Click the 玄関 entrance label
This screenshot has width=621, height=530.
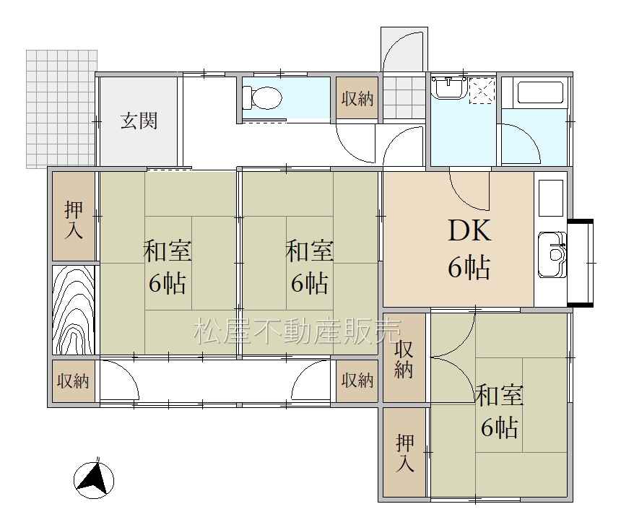click(139, 121)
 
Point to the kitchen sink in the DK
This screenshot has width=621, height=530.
click(552, 255)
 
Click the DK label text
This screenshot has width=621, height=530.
click(469, 230)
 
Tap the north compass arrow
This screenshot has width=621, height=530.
click(95, 479)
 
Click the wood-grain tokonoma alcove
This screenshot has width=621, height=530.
click(74, 310)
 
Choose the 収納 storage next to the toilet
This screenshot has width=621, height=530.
click(357, 97)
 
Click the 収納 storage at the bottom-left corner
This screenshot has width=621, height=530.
click(73, 381)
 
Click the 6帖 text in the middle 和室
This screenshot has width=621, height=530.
click(310, 283)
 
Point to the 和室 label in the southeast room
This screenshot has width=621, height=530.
click(500, 395)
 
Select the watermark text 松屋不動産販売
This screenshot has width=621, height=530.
click(298, 331)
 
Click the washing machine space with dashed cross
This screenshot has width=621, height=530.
click(482, 91)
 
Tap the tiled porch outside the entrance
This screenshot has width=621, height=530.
click(61, 108)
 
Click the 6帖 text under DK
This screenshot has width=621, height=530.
click(469, 268)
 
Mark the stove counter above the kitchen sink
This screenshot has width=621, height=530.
click(551, 198)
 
